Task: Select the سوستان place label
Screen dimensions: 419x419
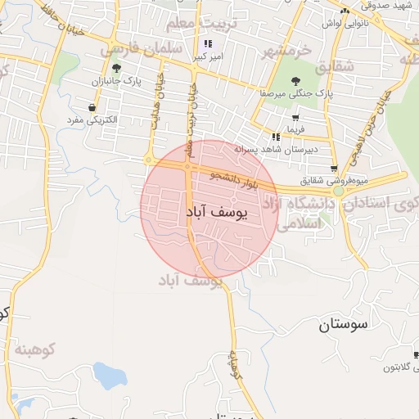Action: (345, 325)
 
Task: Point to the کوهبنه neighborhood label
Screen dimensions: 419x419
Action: (34, 349)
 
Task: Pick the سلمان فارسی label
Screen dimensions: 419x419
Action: (141, 50)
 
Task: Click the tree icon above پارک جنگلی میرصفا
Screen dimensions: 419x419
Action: (295, 79)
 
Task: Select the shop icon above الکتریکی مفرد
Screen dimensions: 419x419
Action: (92, 107)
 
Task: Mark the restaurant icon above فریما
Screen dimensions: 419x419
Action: (277, 136)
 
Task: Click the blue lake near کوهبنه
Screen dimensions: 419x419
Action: (107, 376)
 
